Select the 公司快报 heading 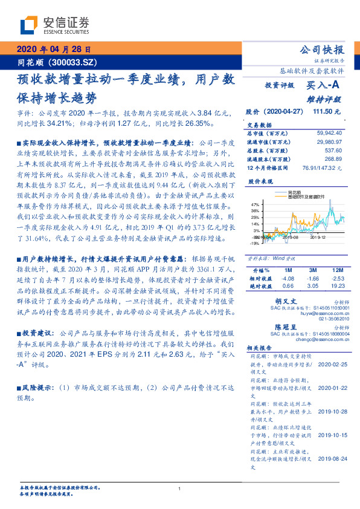coord(323,50)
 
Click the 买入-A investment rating coord(324,86)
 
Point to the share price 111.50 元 coord(326,112)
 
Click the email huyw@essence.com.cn coord(320,314)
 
